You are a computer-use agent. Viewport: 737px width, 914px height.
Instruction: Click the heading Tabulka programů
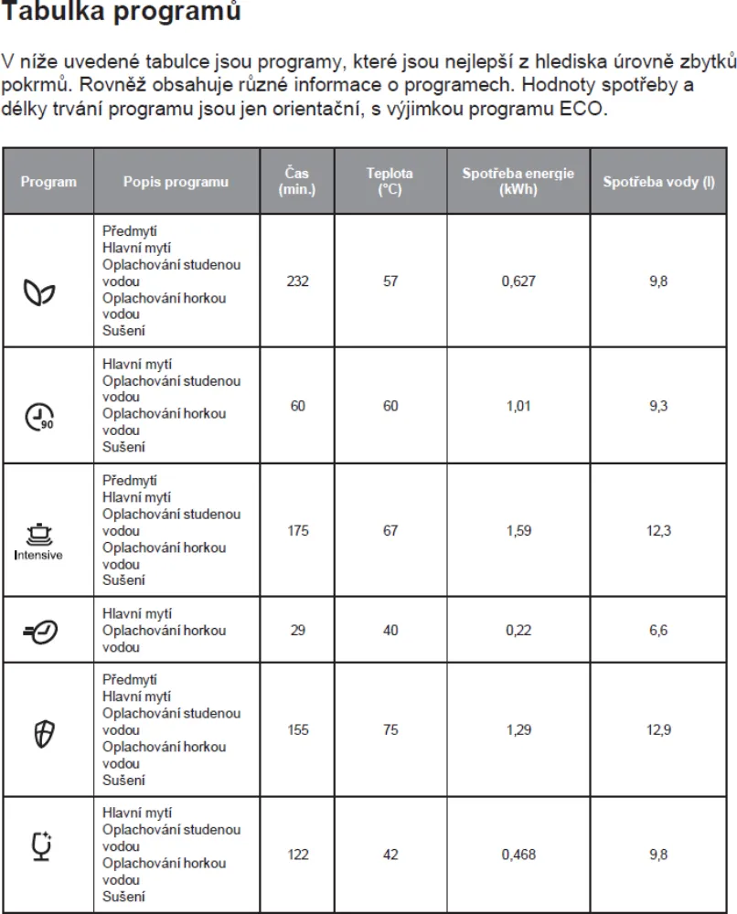pos(123,13)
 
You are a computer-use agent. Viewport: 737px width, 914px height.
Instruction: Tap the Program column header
pos(48,182)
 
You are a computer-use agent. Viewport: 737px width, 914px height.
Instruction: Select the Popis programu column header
pos(176,182)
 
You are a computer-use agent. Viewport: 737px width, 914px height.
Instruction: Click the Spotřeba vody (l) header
pos(658,182)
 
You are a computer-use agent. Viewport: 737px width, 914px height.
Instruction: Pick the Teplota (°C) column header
pos(390,182)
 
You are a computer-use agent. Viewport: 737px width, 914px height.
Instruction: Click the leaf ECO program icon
pos(39,292)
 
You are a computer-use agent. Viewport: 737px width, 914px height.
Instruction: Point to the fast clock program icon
pos(40,631)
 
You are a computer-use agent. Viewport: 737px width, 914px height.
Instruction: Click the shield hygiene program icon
pos(40,730)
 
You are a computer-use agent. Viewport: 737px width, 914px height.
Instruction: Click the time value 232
pos(297,282)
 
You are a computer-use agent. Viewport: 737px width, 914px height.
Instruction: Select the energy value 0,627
pos(518,282)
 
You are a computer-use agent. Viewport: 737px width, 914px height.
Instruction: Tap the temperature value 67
pos(390,530)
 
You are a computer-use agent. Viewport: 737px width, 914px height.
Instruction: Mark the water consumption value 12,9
pos(658,730)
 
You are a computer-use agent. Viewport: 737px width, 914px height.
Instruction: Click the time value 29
pos(297,631)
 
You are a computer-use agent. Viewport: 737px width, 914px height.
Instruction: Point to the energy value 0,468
pos(518,855)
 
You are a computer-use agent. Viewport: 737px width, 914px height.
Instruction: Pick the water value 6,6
pos(658,631)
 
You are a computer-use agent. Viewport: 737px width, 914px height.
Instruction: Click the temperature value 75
pos(390,730)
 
